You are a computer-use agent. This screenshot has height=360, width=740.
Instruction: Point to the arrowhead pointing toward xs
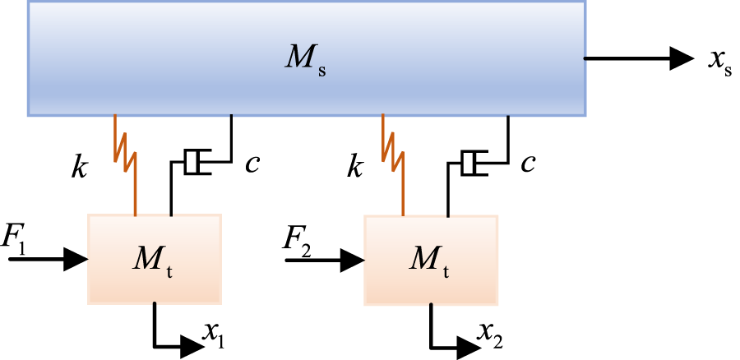682,58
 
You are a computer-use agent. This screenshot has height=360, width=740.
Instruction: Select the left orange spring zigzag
126,152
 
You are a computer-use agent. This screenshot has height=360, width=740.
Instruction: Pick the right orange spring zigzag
393,152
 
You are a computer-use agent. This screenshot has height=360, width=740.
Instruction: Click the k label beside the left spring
78,168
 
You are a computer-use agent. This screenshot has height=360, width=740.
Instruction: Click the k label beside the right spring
355,168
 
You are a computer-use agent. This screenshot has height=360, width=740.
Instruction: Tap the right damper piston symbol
470,163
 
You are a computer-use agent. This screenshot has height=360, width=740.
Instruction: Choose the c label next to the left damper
253,164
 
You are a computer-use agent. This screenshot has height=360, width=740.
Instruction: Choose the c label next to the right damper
529,164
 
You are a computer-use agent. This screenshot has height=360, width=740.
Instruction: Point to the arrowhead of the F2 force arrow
354,260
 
